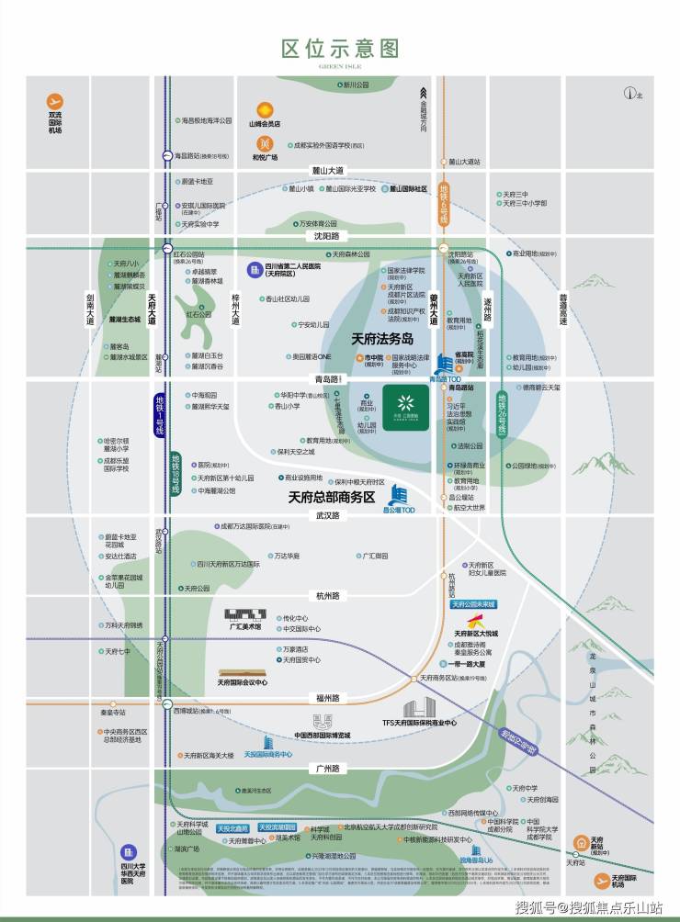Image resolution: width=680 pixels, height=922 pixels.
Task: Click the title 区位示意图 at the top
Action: (340, 49)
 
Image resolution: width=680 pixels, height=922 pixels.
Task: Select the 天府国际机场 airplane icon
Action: (603, 880)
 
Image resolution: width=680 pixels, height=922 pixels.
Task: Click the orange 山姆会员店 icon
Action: (265, 109)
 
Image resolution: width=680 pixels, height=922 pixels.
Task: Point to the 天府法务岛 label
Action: (385, 338)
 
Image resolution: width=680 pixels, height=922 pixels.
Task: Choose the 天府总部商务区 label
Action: (332, 497)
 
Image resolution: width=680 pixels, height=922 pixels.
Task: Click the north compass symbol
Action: (630, 92)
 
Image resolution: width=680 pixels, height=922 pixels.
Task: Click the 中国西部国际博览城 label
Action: (323, 736)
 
